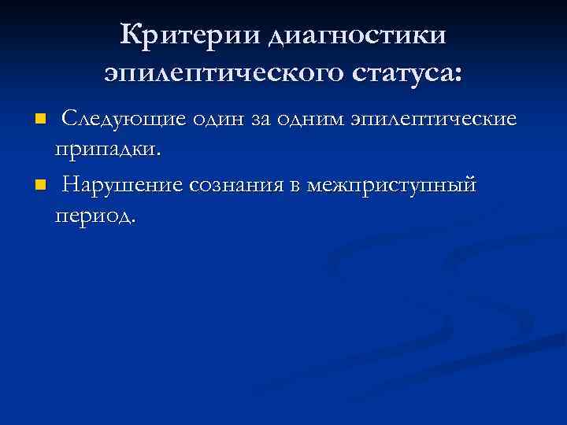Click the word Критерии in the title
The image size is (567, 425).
tap(191, 35)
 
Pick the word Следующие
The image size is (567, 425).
tap(123, 119)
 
